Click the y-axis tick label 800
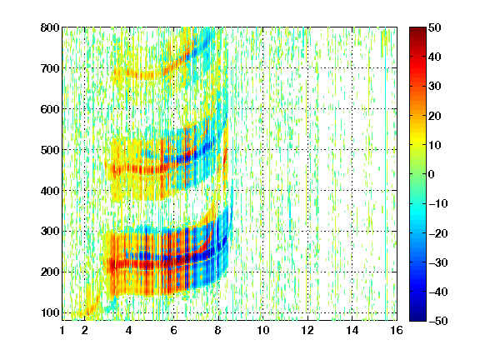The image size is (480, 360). tap(50, 27)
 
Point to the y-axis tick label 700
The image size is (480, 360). tap(50, 68)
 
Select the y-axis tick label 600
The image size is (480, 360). tap(50, 109)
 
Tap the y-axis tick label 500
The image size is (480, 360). tap(50, 150)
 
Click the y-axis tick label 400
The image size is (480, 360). tap(50, 191)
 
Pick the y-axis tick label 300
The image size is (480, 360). tap(50, 232)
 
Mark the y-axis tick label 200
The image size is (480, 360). tap(50, 272)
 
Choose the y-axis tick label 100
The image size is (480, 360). tap(50, 312)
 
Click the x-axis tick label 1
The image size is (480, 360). tap(62, 330)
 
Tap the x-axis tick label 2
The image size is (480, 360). tap(85, 330)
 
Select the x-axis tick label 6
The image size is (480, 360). tap(174, 330)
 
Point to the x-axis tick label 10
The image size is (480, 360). tap(263, 330)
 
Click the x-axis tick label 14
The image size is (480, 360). tap(352, 330)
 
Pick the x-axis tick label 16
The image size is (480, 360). tap(397, 330)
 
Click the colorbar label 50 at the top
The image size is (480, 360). tap(435, 27)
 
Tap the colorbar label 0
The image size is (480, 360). tap(432, 174)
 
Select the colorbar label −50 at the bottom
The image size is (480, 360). tap(438, 321)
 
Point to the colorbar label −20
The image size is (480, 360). tap(438, 233)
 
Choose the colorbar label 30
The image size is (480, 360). tap(435, 87)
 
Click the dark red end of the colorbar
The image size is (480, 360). tap(417, 31)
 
